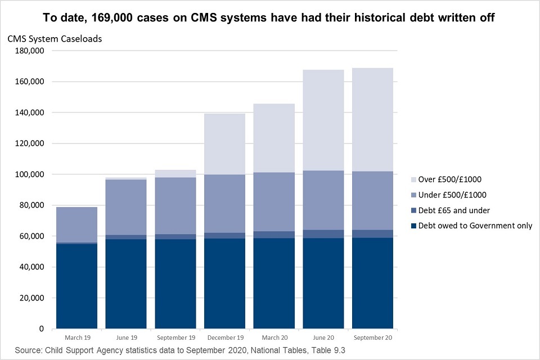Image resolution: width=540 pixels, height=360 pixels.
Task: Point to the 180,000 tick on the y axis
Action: (33, 51)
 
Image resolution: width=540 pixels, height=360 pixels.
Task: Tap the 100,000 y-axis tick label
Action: (33, 174)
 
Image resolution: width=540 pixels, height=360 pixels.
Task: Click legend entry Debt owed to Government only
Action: (471, 226)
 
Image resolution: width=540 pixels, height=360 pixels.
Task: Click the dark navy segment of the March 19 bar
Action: (76, 286)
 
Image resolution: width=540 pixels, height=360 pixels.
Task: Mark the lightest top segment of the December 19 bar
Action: (224, 144)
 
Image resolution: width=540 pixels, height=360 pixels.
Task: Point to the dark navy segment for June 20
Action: (323, 283)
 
